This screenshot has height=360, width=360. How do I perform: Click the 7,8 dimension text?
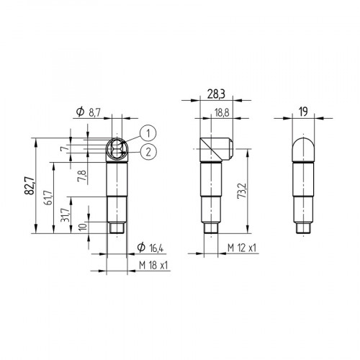tap(84, 176)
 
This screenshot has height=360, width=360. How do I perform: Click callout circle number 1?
tap(146, 132)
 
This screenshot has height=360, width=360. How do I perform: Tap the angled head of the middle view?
tap(215, 150)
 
